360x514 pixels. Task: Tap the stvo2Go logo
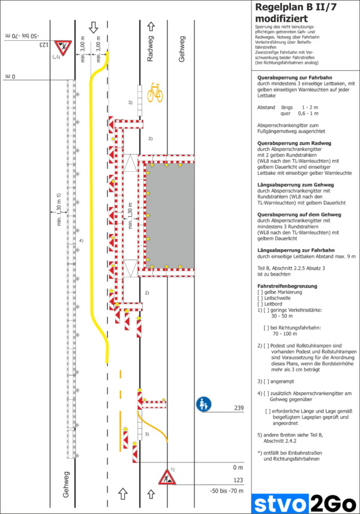(x=304, y=501)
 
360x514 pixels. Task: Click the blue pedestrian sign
(x=203, y=404)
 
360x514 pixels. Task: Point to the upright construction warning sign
(x=166, y=478)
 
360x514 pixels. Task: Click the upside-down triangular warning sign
(x=61, y=48)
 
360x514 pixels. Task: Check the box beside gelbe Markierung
(x=260, y=292)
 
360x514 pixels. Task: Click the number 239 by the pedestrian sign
(x=238, y=408)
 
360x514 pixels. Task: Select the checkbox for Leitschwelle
(x=260, y=298)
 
